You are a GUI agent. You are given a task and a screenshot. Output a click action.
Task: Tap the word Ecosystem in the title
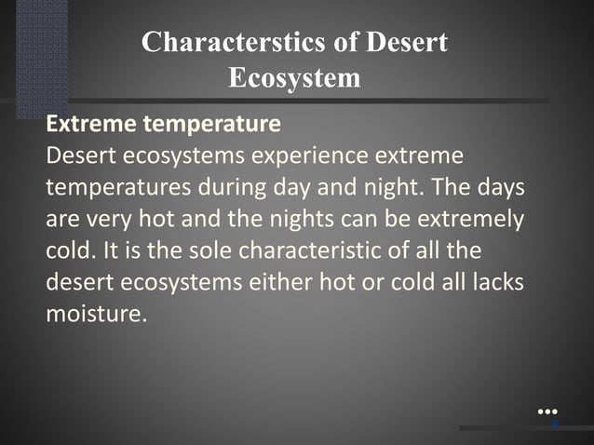[x=294, y=77]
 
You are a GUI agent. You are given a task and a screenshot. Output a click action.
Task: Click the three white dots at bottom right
[x=547, y=411]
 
